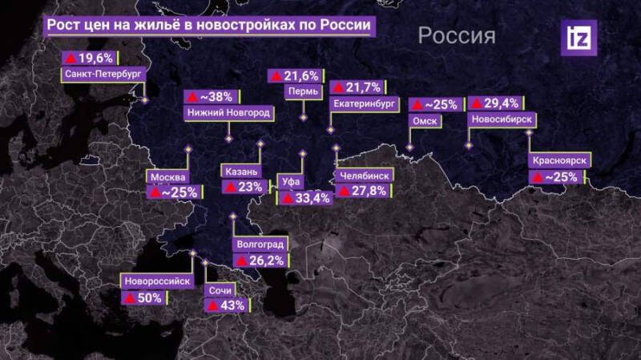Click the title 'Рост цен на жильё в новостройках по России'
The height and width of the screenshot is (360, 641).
point(208,24)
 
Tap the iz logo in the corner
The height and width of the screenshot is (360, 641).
point(578,37)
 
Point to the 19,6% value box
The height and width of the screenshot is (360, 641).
point(90,58)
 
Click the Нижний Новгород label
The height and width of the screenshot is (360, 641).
point(228,113)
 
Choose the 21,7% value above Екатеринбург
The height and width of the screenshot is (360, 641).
point(357,86)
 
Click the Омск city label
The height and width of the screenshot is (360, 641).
point(423,120)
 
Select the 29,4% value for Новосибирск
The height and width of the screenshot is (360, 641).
point(495,103)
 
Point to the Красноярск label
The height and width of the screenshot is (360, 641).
point(559,161)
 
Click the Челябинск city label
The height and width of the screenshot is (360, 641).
point(364,174)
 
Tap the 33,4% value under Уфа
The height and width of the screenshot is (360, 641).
point(306,197)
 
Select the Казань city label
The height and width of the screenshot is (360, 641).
point(240,171)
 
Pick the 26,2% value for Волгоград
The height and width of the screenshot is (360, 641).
point(260,260)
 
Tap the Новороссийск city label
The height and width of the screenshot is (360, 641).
point(157,281)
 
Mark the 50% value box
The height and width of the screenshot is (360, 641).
point(144,297)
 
